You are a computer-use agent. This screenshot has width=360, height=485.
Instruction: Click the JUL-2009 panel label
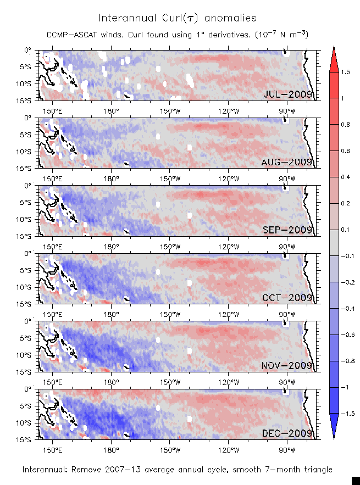[x=288, y=94]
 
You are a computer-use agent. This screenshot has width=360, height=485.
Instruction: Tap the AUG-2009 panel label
[x=288, y=162]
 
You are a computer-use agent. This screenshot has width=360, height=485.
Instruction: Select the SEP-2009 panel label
[x=288, y=230]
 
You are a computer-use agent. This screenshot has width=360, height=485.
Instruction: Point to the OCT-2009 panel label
[x=288, y=298]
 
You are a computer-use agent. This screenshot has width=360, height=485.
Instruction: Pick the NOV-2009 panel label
[x=288, y=365]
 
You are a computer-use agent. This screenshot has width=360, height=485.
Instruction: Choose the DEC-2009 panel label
[x=288, y=433]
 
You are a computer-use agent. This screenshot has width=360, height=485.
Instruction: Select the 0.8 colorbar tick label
[x=345, y=125]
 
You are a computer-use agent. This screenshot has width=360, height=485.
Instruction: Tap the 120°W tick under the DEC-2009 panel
[x=228, y=447]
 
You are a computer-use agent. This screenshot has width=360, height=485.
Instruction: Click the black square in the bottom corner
[x=355, y=481]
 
